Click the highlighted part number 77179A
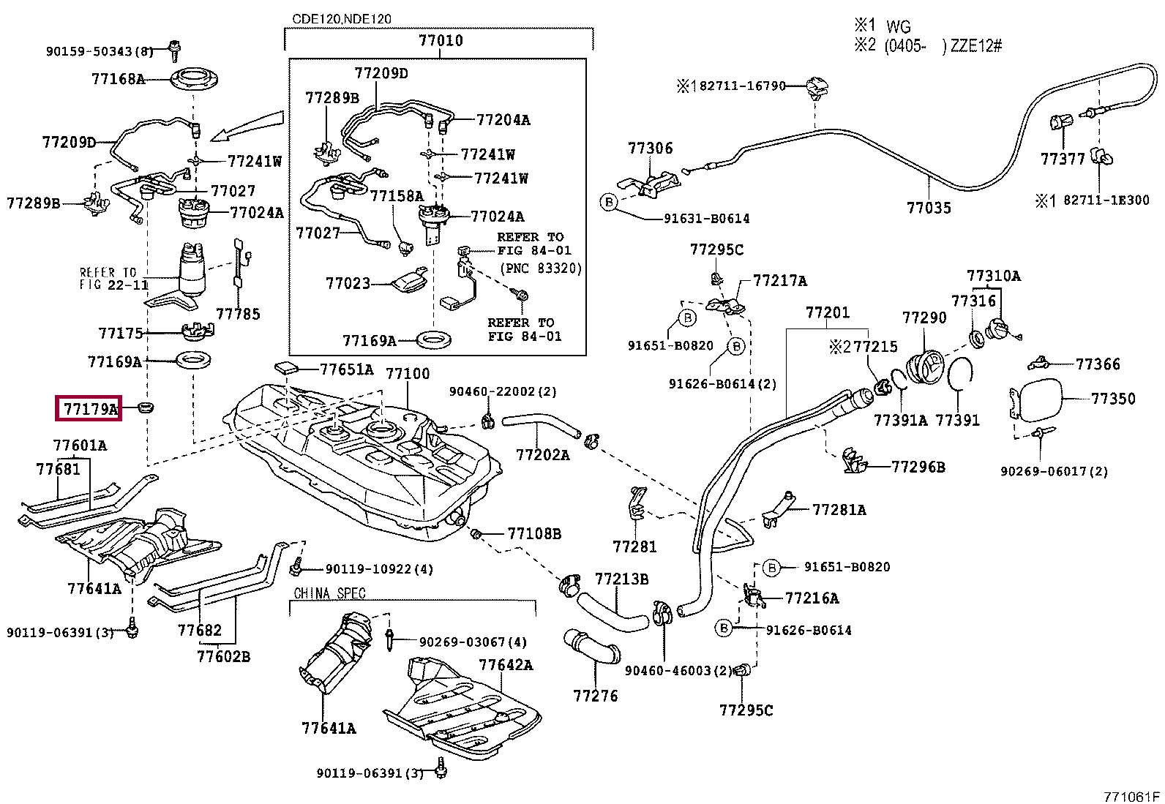(89, 409)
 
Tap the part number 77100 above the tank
(408, 374)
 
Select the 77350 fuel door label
(1112, 399)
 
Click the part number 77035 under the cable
(929, 208)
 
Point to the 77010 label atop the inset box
(441, 41)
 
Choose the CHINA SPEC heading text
(329, 593)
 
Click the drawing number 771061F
(1132, 796)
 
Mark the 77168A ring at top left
(195, 80)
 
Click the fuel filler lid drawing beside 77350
(1035, 400)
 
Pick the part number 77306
(650, 149)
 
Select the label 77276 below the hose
(596, 696)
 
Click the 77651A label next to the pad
(346, 369)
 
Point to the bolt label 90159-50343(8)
(100, 51)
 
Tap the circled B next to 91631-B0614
(609, 202)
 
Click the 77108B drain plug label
(534, 533)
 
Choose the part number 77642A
(506, 664)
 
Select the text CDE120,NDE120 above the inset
(342, 19)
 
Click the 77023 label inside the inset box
(348, 283)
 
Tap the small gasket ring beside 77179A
(146, 406)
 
